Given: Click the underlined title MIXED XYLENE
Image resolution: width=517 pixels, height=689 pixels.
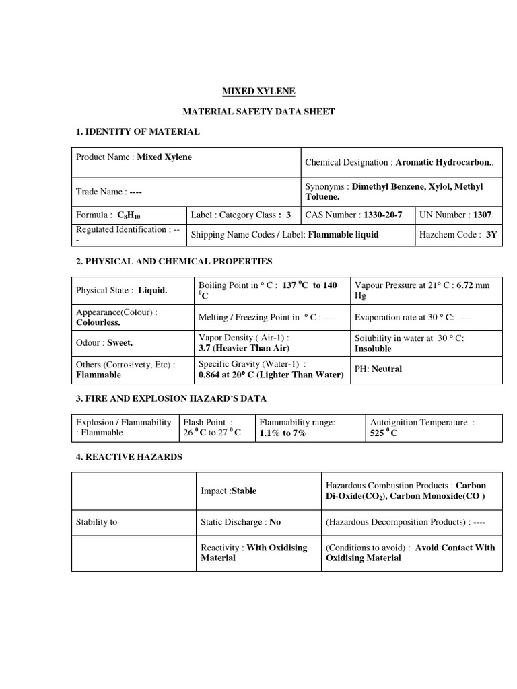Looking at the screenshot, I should [x=258, y=91].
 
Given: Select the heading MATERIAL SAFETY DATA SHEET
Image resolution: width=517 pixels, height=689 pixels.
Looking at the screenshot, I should [x=258, y=111].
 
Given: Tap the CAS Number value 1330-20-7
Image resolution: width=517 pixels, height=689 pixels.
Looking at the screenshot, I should [x=382, y=215].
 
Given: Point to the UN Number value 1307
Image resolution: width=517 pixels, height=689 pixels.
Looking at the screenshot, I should [x=481, y=215].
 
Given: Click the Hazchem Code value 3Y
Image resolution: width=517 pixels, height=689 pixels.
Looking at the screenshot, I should [x=491, y=235].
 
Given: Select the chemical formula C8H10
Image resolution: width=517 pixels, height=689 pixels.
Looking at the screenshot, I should [x=129, y=216].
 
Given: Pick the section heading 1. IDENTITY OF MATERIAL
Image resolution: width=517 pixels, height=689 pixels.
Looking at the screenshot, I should [x=137, y=131].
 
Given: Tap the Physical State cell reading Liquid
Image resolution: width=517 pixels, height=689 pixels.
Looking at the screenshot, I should [x=153, y=291].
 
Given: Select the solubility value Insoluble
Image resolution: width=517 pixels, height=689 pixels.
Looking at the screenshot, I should [x=373, y=349].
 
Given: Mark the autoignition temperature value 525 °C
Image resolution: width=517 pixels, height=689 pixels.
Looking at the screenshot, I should [x=384, y=433].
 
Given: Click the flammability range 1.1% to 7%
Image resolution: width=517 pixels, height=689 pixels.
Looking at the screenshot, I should [x=283, y=433].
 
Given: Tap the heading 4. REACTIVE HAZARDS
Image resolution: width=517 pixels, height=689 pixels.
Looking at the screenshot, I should [x=129, y=456].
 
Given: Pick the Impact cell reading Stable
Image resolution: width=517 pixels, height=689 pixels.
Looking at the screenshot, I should [x=244, y=491].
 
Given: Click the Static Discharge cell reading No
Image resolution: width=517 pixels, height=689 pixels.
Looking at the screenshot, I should [x=275, y=521].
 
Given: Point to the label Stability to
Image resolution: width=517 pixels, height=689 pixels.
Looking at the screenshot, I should [x=96, y=521].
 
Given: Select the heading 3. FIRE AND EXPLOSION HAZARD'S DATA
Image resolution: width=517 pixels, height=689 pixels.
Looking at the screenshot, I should [x=171, y=398].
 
